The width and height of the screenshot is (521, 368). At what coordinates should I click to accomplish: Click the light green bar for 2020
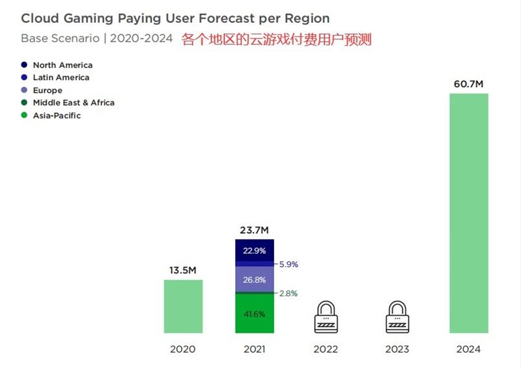click(x=183, y=307)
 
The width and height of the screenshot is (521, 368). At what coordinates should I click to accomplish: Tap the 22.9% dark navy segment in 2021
click(x=254, y=251)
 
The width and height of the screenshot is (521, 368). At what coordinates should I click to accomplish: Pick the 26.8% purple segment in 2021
click(x=254, y=279)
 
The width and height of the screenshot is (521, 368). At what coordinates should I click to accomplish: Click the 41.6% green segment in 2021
click(x=254, y=314)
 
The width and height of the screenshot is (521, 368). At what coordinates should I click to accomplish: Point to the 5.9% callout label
click(x=288, y=264)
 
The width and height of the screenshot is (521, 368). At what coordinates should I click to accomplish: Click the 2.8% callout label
click(x=288, y=294)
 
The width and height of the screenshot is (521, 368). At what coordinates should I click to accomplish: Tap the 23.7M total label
click(x=254, y=230)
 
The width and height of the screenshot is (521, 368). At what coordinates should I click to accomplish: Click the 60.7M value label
click(x=468, y=84)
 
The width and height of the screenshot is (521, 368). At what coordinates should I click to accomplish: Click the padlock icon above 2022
click(x=326, y=317)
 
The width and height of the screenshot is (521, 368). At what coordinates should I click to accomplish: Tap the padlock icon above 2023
click(x=397, y=317)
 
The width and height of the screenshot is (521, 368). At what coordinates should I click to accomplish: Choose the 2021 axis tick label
click(x=254, y=349)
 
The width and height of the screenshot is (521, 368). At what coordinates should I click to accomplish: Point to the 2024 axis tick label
click(x=468, y=349)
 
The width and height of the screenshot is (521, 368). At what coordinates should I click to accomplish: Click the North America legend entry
click(x=63, y=65)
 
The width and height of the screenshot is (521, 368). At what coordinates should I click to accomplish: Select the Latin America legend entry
click(x=61, y=78)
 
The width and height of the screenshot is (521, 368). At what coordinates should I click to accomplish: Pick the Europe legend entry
click(x=48, y=91)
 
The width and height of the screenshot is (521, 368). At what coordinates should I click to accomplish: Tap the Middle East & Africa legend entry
click(x=74, y=103)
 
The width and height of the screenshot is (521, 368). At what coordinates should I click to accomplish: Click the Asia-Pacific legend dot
click(x=25, y=115)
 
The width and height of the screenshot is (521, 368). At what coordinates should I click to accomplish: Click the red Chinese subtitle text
click(x=276, y=39)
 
